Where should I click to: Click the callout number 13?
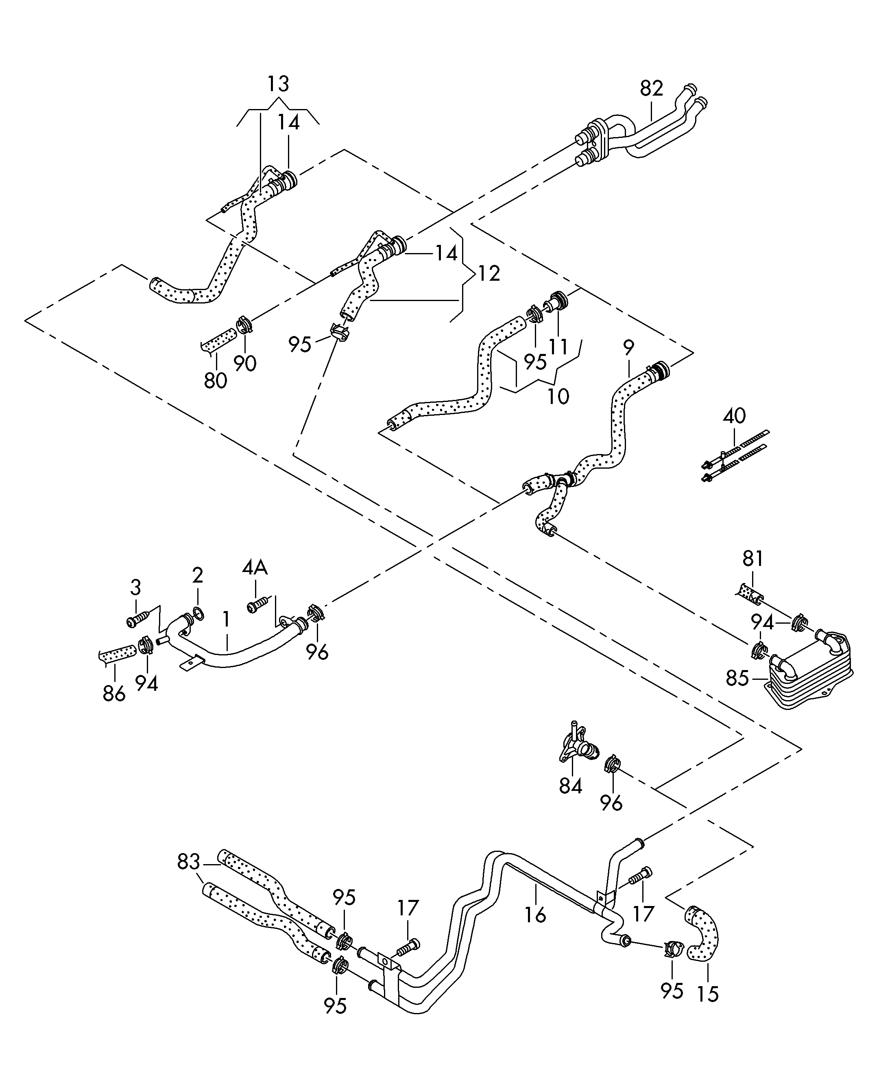[x=278, y=84]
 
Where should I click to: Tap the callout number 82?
[x=652, y=88]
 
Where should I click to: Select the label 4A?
[x=255, y=567]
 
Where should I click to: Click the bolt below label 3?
[x=138, y=619]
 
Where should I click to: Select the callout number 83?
[x=188, y=862]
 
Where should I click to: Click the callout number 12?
[x=489, y=274]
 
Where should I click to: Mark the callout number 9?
[x=629, y=348]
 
